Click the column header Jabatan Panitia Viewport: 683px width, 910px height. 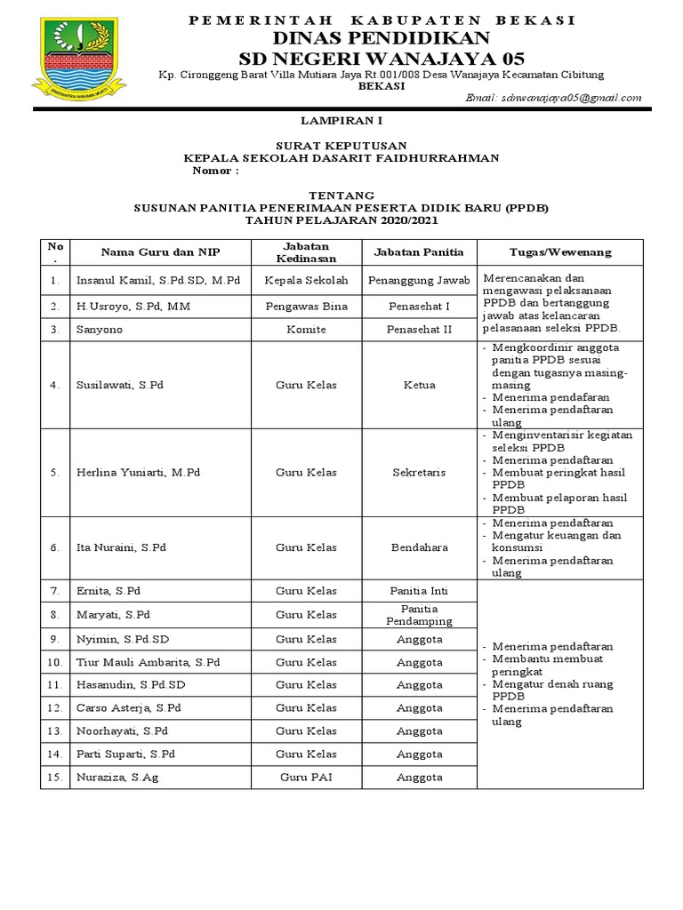tap(418, 252)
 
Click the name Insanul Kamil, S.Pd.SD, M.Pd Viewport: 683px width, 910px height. tap(158, 280)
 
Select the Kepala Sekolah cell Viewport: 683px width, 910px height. tap(306, 280)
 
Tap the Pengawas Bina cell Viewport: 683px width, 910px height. tap(306, 306)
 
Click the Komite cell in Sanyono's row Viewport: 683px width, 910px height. tap(306, 329)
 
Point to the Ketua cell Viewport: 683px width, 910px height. tap(418, 385)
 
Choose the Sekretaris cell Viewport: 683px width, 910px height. tap(418, 472)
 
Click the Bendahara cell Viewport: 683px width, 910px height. tap(418, 547)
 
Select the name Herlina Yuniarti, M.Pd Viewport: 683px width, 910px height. tap(138, 472)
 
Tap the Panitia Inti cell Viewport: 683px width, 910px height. tap(418, 590)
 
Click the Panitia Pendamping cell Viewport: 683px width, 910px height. tap(418, 614)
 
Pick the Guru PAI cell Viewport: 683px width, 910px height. tap(306, 777)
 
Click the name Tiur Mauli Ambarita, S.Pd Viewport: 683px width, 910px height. tap(148, 662)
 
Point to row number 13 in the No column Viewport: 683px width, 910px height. tap(54, 730)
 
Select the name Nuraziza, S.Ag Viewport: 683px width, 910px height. tap(117, 777)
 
